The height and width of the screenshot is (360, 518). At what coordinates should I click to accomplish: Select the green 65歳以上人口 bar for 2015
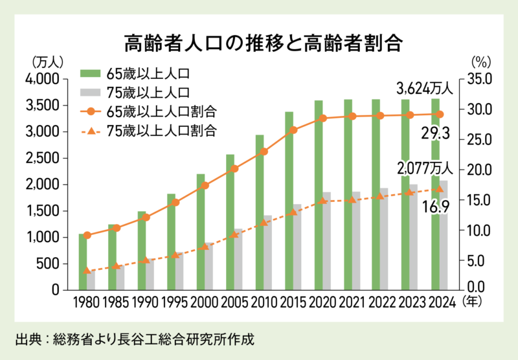pyautogui.click(x=289, y=201)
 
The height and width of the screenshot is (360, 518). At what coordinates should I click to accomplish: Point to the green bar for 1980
pyautogui.click(x=82, y=262)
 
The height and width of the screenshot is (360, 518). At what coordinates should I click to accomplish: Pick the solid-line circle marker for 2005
pyautogui.click(x=234, y=169)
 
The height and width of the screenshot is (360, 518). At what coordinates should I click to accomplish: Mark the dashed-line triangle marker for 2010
pyautogui.click(x=264, y=223)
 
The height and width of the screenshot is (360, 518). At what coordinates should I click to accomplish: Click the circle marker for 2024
pyautogui.click(x=440, y=115)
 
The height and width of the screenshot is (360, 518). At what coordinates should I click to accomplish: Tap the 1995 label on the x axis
pyautogui.click(x=175, y=302)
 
